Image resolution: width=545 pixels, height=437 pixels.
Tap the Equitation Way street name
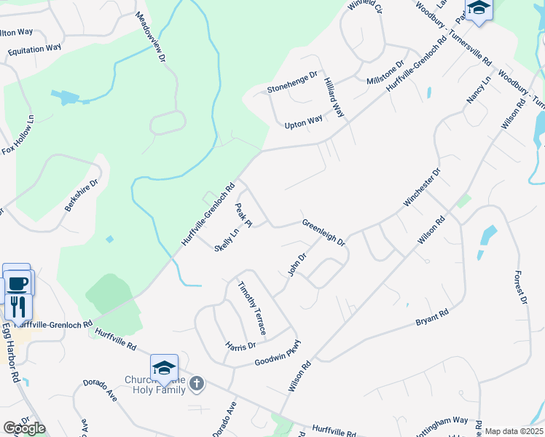[x=34, y=49]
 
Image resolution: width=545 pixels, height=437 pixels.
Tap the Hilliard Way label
[x=334, y=98]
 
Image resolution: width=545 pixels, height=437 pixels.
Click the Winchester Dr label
[x=423, y=187]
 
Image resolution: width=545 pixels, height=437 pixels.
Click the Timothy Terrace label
[x=251, y=303]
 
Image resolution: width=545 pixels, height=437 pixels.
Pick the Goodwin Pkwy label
[x=278, y=353]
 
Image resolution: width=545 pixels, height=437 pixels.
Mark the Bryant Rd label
[x=432, y=318]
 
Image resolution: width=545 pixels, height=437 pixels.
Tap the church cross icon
[x=197, y=382]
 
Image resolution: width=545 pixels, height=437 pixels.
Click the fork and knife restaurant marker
[x=18, y=305]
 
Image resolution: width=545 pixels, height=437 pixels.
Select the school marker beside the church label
[x=164, y=369]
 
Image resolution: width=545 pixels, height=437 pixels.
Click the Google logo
[x=23, y=428]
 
